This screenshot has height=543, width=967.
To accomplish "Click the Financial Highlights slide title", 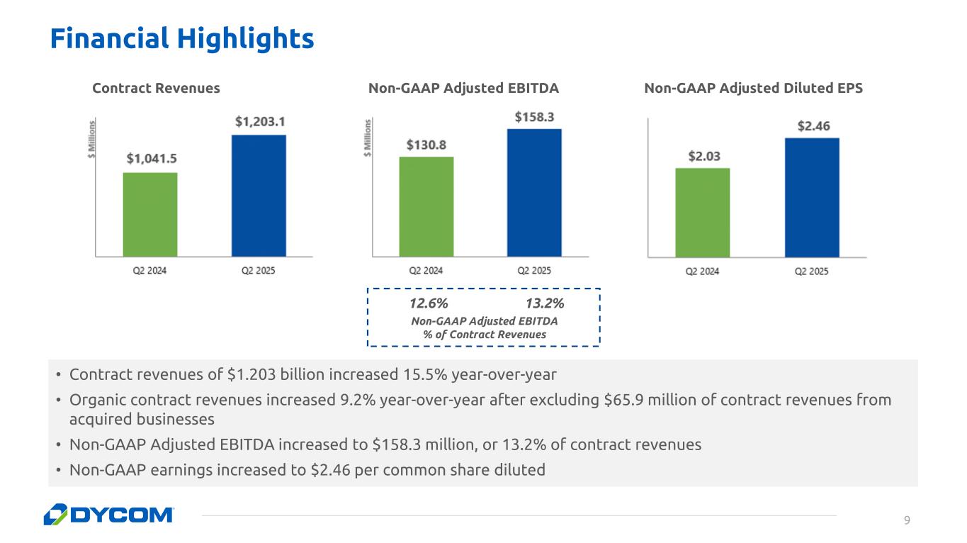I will pos(181,38).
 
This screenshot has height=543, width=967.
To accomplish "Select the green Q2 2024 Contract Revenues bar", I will pos(150,214).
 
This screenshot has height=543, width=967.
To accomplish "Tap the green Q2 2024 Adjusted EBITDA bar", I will pos(426,206).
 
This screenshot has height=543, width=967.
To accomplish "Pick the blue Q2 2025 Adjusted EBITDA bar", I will pos(534,192).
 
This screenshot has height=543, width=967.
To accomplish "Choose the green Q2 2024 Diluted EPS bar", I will pos(703,213).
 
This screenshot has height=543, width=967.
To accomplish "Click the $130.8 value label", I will pos(426,145).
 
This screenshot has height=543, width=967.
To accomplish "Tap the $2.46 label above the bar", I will pos(813,126).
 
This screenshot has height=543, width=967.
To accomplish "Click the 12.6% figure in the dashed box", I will pos(429,303).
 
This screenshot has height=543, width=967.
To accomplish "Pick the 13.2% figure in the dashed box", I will pos(545,303).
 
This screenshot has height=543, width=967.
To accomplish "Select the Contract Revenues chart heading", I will pos(156,88).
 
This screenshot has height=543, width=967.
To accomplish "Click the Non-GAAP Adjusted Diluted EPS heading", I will pos(753,88).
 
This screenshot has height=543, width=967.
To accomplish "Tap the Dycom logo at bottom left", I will pos(108,515).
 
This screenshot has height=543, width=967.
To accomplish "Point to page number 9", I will pos(907,521).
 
